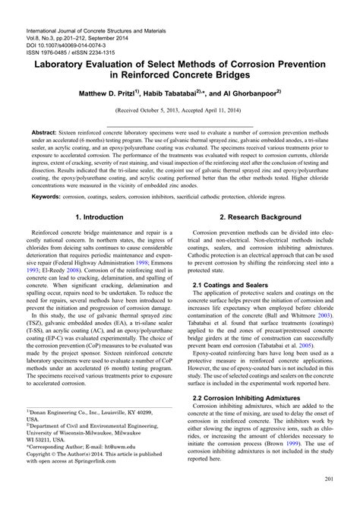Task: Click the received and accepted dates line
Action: pos(180,118)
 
